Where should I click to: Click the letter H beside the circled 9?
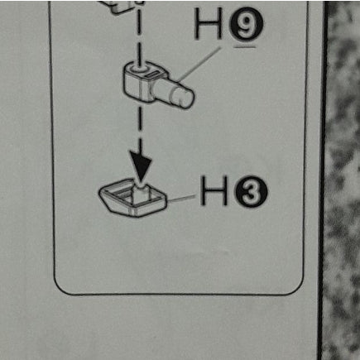point(209,23)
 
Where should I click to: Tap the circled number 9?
point(247,26)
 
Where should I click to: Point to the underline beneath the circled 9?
point(245,47)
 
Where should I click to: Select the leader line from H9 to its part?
point(199,65)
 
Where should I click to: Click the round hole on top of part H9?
point(139,68)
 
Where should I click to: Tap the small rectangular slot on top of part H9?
point(152,74)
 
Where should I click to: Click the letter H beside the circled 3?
point(214,191)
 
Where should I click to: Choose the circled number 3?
point(251,192)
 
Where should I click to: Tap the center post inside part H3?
point(141,193)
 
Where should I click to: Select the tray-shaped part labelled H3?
point(133,198)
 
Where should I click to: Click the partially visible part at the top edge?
point(122,6)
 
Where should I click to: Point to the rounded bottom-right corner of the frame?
point(297,287)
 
